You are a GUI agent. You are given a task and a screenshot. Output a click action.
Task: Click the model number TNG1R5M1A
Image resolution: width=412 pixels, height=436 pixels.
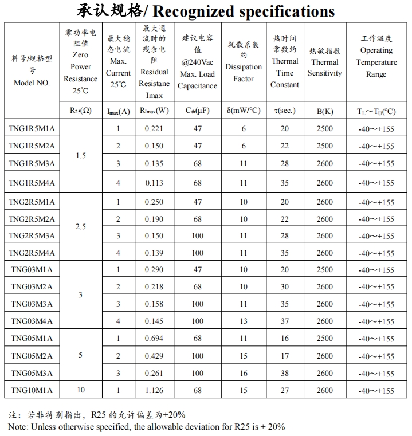point(32,128)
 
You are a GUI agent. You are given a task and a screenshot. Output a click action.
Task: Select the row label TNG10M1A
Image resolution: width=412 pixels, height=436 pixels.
point(32,391)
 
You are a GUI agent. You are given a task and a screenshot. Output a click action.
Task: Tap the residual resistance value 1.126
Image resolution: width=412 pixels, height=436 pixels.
point(154,391)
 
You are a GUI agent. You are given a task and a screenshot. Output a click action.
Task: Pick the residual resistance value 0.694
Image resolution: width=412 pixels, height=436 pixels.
point(154,339)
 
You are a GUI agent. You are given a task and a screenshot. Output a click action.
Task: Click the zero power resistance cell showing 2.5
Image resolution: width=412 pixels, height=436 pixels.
point(81,227)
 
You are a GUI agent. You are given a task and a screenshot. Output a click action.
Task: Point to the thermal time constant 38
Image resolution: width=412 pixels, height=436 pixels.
point(285,373)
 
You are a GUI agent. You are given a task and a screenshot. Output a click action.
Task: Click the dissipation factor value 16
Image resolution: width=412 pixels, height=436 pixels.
point(244,373)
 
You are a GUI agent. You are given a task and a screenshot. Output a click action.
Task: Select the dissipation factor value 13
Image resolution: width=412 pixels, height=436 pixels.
point(244,321)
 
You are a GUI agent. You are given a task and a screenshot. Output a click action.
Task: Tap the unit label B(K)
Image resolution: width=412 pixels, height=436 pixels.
point(324,111)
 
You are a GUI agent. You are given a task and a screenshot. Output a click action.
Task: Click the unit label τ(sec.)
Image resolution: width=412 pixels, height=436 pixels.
point(285,111)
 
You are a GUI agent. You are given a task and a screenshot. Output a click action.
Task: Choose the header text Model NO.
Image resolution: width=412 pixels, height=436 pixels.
point(32,83)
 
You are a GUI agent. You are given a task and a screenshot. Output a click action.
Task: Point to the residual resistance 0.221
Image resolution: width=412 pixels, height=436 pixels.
point(154,128)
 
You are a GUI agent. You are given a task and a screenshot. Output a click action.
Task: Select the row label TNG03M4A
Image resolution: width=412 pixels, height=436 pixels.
point(32,321)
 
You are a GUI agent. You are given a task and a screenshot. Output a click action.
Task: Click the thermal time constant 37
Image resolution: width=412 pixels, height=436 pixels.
point(285,321)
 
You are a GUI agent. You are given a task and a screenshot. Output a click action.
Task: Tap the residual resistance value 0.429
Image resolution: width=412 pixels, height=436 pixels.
point(154,356)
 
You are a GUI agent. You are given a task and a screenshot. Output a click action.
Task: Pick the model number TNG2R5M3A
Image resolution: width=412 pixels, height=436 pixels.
point(32,235)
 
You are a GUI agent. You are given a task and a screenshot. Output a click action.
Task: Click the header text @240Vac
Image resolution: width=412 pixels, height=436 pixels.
point(198,62)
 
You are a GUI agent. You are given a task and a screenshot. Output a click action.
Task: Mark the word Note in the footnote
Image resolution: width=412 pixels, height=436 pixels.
point(18,426)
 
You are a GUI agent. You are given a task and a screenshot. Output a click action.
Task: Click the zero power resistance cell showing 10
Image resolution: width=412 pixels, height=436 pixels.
point(81,391)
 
